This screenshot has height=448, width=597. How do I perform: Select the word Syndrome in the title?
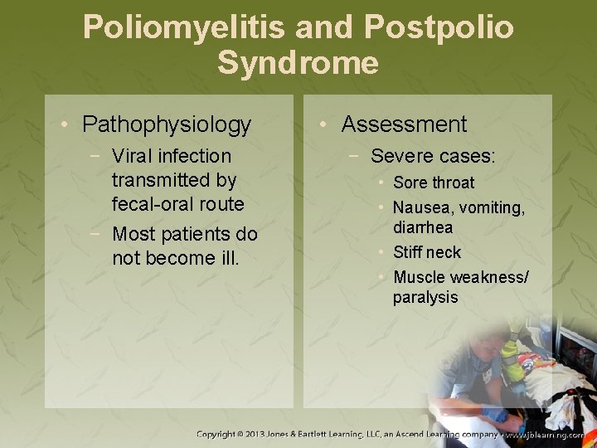(298, 63)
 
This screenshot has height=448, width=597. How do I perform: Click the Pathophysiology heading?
(166, 124)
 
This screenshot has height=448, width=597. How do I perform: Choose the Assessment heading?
(404, 124)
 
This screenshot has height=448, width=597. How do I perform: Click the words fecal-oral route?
(177, 204)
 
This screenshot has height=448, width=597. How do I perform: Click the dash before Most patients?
(99, 234)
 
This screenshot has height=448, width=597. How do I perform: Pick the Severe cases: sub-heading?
(433, 156)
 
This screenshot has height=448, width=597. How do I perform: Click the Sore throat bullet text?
(434, 183)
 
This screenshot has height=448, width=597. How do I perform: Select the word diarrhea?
(423, 227)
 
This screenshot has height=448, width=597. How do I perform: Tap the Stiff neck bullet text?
(427, 252)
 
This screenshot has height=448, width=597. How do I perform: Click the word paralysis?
(425, 297)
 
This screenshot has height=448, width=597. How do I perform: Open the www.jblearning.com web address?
(545, 434)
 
